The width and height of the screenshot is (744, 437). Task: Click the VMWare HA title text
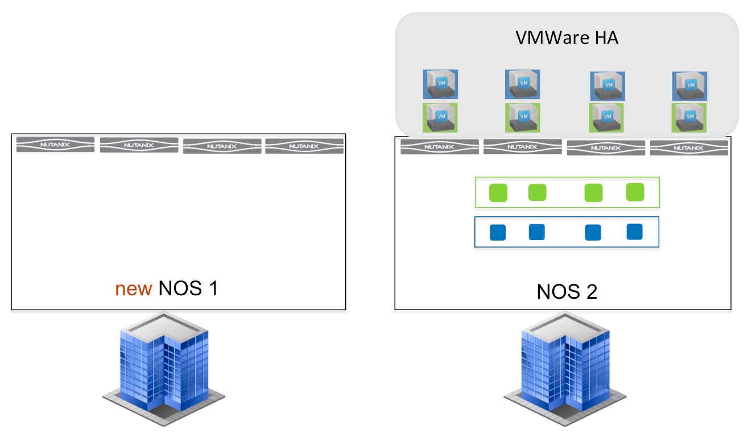(567, 38)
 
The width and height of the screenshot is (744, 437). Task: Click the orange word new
(134, 289)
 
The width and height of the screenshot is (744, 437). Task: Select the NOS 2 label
(567, 291)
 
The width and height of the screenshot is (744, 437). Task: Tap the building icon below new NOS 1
(164, 369)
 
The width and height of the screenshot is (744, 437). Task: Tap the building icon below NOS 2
(565, 369)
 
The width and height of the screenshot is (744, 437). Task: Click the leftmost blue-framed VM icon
(440, 84)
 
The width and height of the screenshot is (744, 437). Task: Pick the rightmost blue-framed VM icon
(689, 86)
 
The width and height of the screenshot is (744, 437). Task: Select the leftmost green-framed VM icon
(440, 118)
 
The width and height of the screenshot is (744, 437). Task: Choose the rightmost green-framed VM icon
(689, 118)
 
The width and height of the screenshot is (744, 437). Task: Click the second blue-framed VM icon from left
(523, 84)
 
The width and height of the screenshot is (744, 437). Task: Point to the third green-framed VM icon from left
(606, 118)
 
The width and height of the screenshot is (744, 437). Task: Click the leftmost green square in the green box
(498, 193)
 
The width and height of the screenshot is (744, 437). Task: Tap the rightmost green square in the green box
(635, 192)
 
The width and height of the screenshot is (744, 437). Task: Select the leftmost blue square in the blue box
(498, 232)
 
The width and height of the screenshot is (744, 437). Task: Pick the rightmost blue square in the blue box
(634, 232)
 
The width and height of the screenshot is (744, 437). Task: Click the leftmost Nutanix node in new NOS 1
(56, 145)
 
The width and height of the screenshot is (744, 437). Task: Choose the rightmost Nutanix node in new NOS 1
(304, 146)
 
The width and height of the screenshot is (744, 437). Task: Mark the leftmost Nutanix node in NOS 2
(440, 147)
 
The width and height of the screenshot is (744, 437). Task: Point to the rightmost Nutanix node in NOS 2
(689, 148)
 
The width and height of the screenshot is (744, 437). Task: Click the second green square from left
(537, 192)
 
